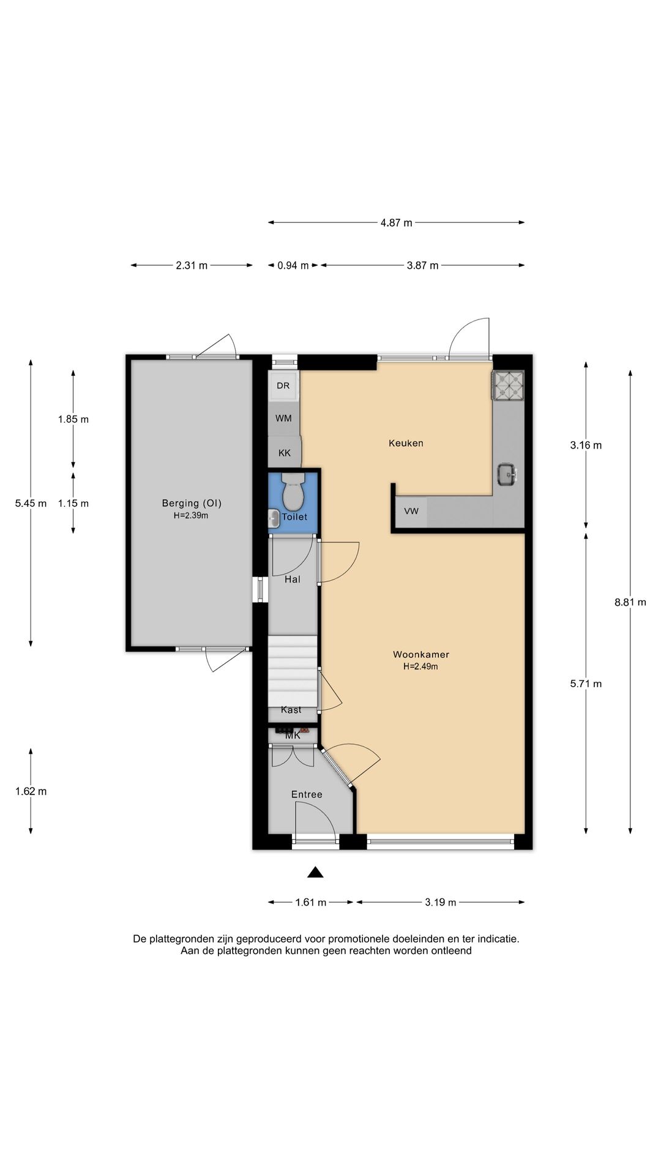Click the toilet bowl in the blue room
coord(294,491)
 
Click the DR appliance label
coord(283,386)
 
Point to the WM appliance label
coord(283,419)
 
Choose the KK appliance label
coord(285,453)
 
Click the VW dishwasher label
coord(411,511)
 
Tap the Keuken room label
coord(406,443)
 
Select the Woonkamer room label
coord(421,655)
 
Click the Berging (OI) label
coord(192,504)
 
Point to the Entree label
coord(307,794)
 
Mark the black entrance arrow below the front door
coord(315,872)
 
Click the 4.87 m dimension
coord(396,223)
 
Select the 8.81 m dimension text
coord(630,602)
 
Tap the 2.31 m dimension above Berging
coord(192,266)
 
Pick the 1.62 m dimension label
coord(31,791)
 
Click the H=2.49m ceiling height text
coord(420,667)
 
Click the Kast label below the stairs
coord(291,710)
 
